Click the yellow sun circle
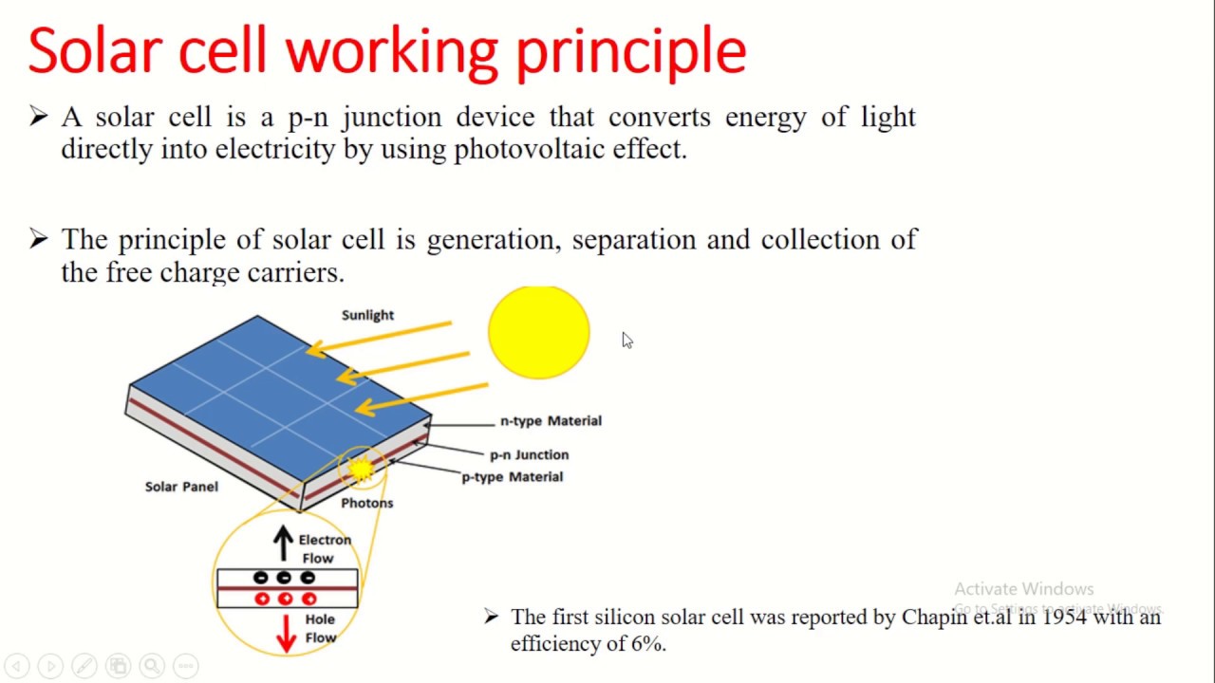[x=538, y=332]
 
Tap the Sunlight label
[x=367, y=315]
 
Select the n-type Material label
[x=551, y=420]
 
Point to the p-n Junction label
[x=529, y=454]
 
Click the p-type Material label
[x=512, y=476]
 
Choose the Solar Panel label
[x=181, y=486]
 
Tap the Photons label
[x=366, y=503]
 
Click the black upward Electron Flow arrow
[x=283, y=543]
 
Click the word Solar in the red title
[x=95, y=51]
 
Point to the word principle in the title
[x=630, y=51]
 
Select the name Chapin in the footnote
[x=934, y=617]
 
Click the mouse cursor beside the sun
[x=626, y=340]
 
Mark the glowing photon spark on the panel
[x=361, y=468]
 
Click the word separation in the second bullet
[x=634, y=239]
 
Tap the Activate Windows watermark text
[x=1023, y=589]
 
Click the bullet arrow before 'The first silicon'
[x=491, y=617]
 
